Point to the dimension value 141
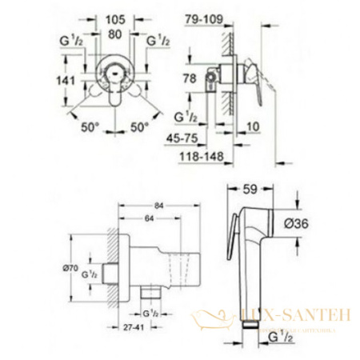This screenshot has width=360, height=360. tap(68, 80)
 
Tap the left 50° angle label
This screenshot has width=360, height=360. tap(90, 126)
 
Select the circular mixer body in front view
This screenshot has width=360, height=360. tap(118, 80)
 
